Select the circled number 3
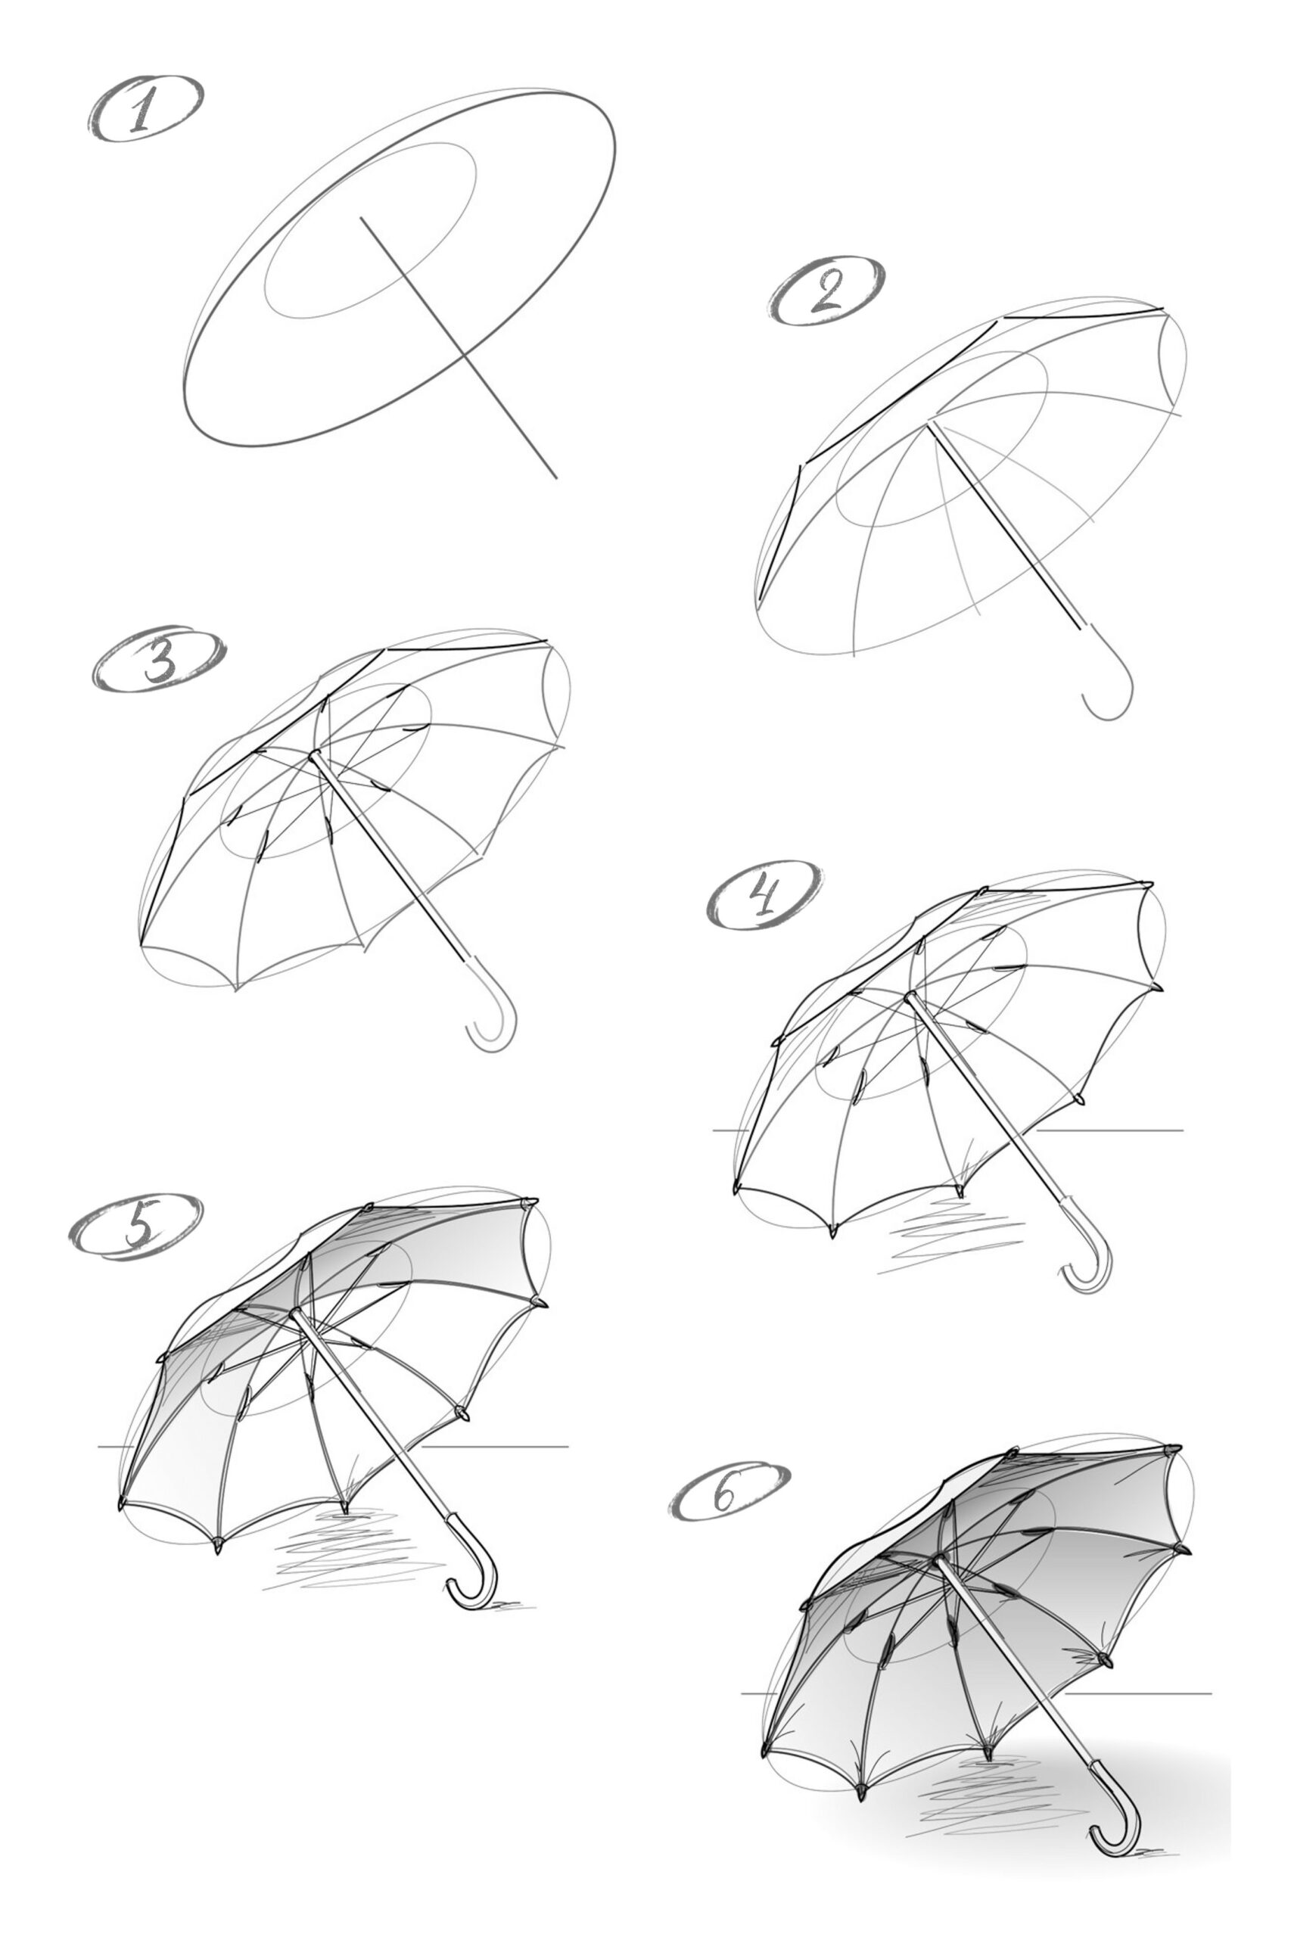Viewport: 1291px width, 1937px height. pos(158,662)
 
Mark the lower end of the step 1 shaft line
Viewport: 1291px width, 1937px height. pos(555,476)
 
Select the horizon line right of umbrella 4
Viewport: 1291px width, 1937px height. pos(1112,1130)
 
